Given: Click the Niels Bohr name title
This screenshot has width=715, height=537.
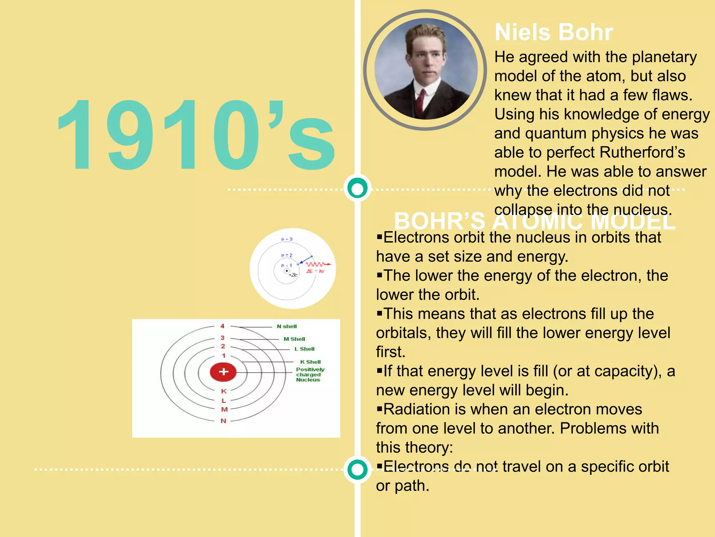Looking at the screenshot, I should click(554, 32).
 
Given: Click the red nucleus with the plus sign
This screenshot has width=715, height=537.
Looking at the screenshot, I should click(223, 372).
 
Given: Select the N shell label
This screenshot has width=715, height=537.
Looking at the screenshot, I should click(287, 327).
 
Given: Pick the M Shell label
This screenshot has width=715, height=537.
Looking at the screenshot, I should click(294, 339).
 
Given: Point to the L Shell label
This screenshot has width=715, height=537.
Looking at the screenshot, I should click(304, 349).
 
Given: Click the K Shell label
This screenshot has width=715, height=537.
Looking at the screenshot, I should click(310, 362).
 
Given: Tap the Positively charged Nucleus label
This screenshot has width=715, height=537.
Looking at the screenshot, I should click(310, 374).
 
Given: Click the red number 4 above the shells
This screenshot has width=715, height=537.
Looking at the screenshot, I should click(222, 326).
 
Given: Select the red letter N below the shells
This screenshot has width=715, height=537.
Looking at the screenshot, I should click(223, 421).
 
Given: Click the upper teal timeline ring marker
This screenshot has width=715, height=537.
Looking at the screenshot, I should click(357, 188).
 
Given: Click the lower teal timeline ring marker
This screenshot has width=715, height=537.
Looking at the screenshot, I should click(357, 470).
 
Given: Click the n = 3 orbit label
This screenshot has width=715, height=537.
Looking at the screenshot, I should click(287, 239).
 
